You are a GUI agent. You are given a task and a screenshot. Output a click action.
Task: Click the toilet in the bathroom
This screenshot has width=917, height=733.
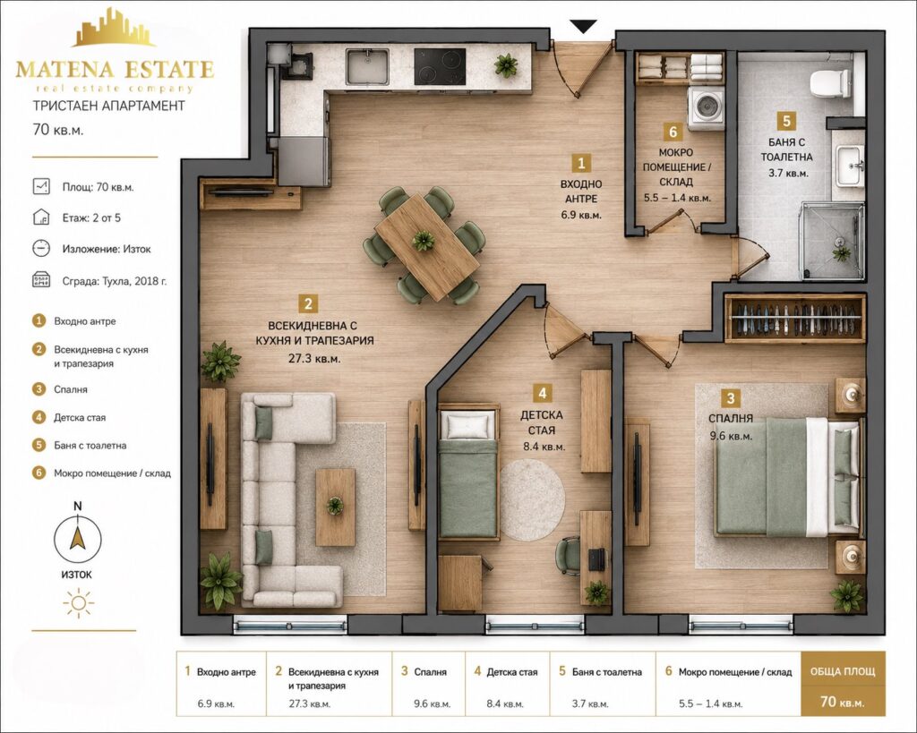point(830,82)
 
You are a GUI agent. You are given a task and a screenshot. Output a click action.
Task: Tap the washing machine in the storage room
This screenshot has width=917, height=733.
point(706,108)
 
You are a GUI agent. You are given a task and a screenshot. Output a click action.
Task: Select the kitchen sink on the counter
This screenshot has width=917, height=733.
point(367,66)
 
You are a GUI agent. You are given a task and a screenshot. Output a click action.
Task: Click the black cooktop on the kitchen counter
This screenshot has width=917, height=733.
point(440,66)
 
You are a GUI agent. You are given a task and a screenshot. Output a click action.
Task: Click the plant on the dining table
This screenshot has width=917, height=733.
point(423,240)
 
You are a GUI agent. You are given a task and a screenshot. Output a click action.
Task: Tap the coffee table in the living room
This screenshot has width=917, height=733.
point(335,507)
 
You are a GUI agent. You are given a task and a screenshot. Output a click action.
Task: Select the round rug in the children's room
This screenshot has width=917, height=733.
point(532,500)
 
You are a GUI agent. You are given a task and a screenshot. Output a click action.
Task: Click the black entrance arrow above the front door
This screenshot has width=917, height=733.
point(583,26)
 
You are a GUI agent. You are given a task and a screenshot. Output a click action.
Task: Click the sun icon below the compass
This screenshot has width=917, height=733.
point(79,603)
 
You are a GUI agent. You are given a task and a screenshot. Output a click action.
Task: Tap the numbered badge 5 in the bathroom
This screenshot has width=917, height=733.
point(786,121)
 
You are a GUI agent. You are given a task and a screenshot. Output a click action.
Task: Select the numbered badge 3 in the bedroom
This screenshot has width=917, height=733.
point(731,398)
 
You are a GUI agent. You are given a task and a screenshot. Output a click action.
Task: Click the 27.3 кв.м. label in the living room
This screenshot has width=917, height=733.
point(314,359)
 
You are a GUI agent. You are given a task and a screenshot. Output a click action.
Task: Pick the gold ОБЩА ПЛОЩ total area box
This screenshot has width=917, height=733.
point(843,684)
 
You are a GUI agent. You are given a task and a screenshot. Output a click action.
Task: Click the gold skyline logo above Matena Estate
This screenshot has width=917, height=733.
point(114,28)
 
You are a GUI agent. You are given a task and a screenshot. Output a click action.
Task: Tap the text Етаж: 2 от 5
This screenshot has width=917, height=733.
point(92,218)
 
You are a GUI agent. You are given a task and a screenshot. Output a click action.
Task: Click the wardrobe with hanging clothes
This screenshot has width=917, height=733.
point(795,319)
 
